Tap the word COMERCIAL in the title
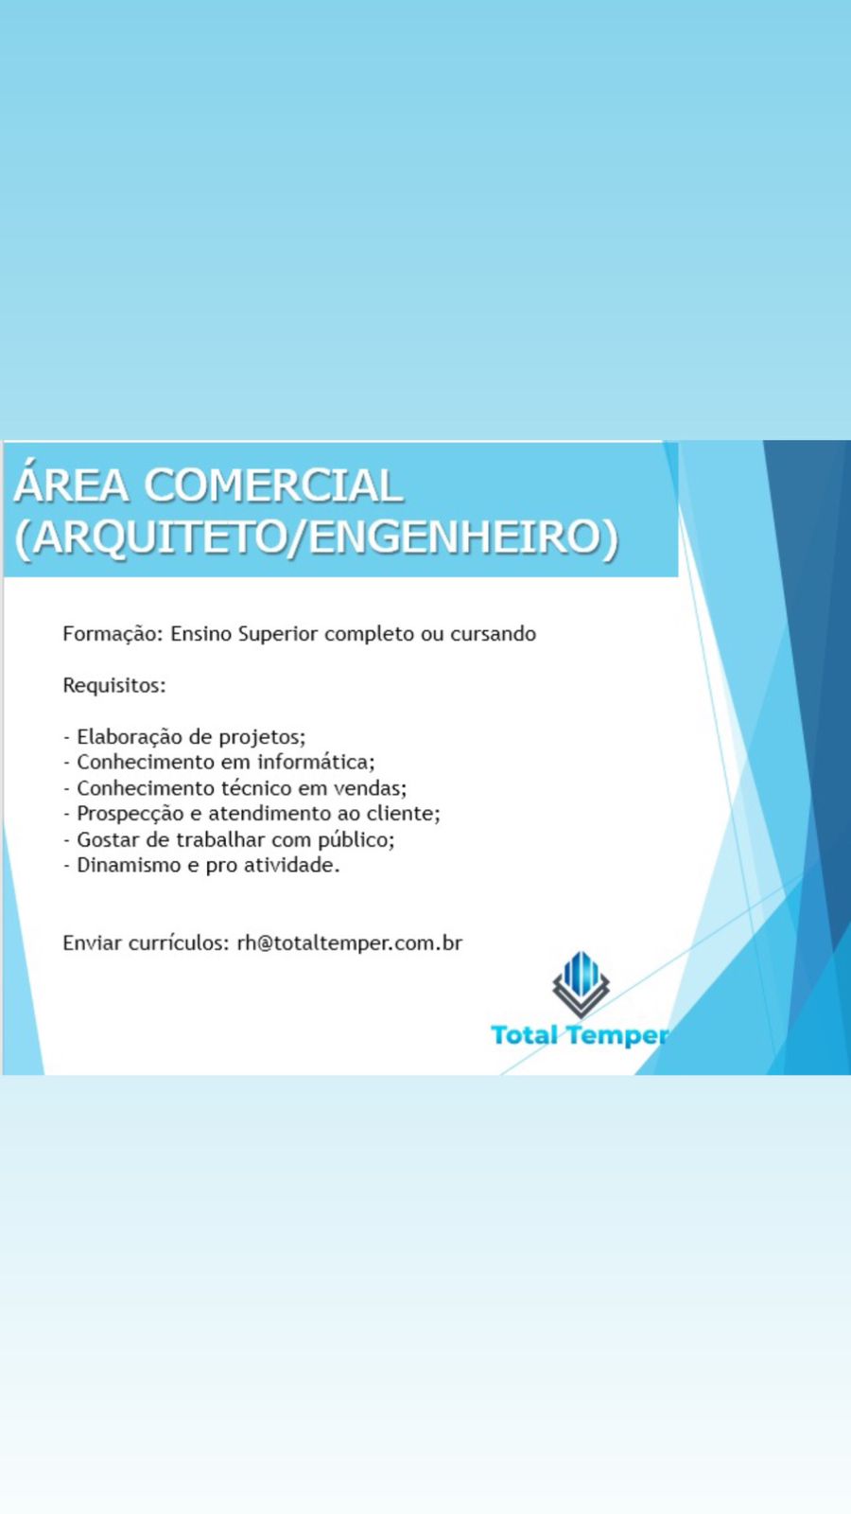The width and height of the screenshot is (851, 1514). coord(273,485)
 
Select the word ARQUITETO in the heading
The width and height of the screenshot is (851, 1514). coord(155,538)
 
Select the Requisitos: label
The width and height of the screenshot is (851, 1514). coord(114,685)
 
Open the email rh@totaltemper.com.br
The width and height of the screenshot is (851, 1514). coord(350,943)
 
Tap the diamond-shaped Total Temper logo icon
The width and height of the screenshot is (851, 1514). coord(581,984)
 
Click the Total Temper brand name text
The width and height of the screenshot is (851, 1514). coord(580,1035)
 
